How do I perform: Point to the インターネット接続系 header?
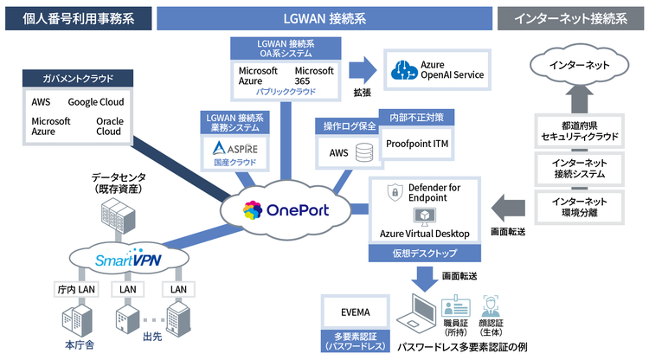click(572, 18)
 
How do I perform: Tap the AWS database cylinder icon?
click(364, 153)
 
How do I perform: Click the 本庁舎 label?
click(79, 345)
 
